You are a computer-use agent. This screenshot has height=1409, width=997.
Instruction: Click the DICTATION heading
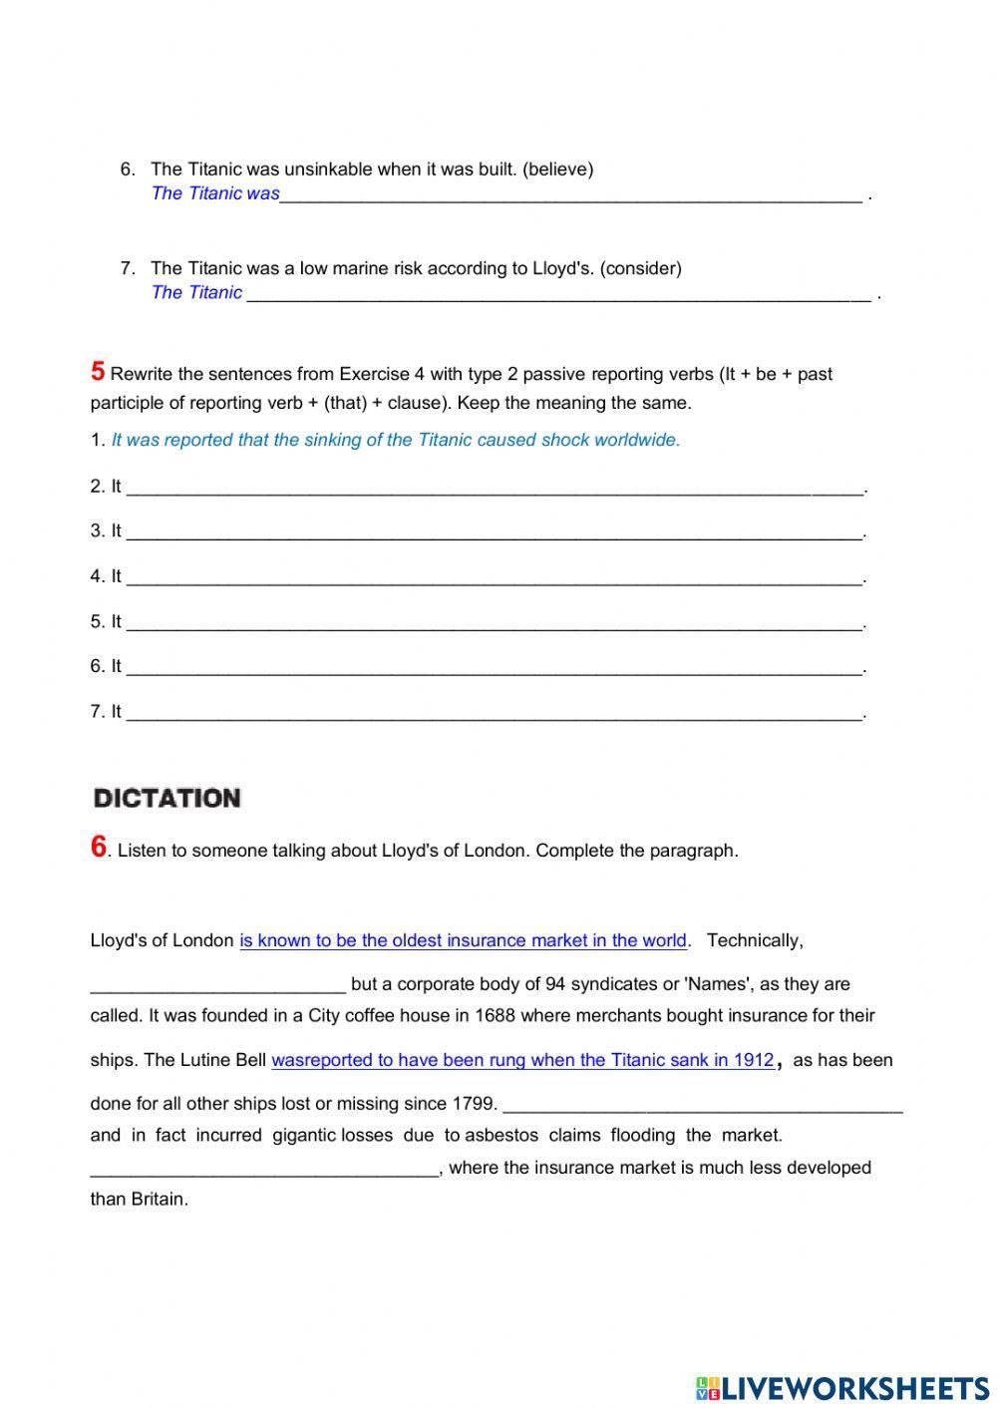pyautogui.click(x=166, y=798)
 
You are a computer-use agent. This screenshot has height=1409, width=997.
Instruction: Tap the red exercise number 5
pyautogui.click(x=98, y=372)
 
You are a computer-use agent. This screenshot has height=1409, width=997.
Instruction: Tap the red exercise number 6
pyautogui.click(x=98, y=848)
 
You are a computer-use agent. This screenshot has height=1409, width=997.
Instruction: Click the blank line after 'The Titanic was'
pyautogui.click(x=570, y=195)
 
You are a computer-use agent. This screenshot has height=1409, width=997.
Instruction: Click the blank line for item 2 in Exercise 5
pyautogui.click(x=494, y=489)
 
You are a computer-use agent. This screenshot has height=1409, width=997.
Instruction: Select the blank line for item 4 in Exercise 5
pyautogui.click(x=494, y=578)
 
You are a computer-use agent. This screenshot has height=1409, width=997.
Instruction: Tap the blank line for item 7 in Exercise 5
pyautogui.click(x=494, y=714)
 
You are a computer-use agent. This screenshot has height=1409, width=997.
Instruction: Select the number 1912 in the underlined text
pyautogui.click(x=754, y=1060)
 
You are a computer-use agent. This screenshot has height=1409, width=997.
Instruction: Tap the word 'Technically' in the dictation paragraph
pyautogui.click(x=754, y=940)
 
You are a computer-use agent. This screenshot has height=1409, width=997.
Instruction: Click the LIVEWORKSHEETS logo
pyautogui.click(x=842, y=1387)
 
